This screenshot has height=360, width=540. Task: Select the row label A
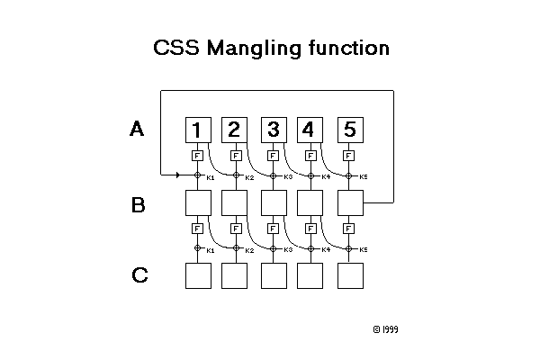(x=137, y=130)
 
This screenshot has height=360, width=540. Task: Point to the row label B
(x=138, y=205)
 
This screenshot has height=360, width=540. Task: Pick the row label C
(x=139, y=275)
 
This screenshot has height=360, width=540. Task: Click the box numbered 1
(x=198, y=130)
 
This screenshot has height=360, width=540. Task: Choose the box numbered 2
(x=235, y=130)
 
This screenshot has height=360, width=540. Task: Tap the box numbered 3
(x=274, y=130)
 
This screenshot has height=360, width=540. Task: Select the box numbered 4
(x=310, y=130)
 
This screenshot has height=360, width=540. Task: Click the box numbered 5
(x=349, y=130)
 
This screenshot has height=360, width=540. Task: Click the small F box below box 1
(x=198, y=155)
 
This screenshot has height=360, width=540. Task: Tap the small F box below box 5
(x=349, y=155)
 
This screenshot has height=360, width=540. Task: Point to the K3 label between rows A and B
(x=288, y=176)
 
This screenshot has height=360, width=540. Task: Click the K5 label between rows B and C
(x=364, y=249)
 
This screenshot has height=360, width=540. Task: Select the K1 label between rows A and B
(x=211, y=176)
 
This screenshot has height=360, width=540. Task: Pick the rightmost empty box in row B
(x=349, y=203)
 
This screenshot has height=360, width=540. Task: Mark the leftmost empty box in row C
(x=198, y=275)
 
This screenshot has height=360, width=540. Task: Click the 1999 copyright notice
(x=385, y=329)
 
